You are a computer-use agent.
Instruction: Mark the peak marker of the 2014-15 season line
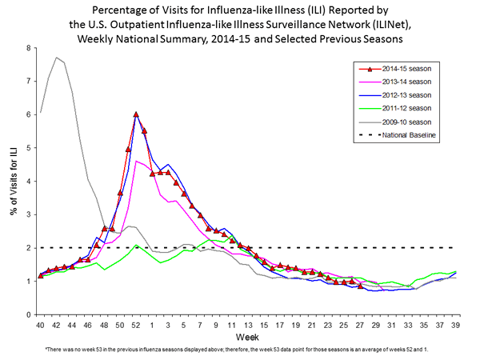(136, 114)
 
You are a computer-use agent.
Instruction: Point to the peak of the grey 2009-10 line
(56, 58)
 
